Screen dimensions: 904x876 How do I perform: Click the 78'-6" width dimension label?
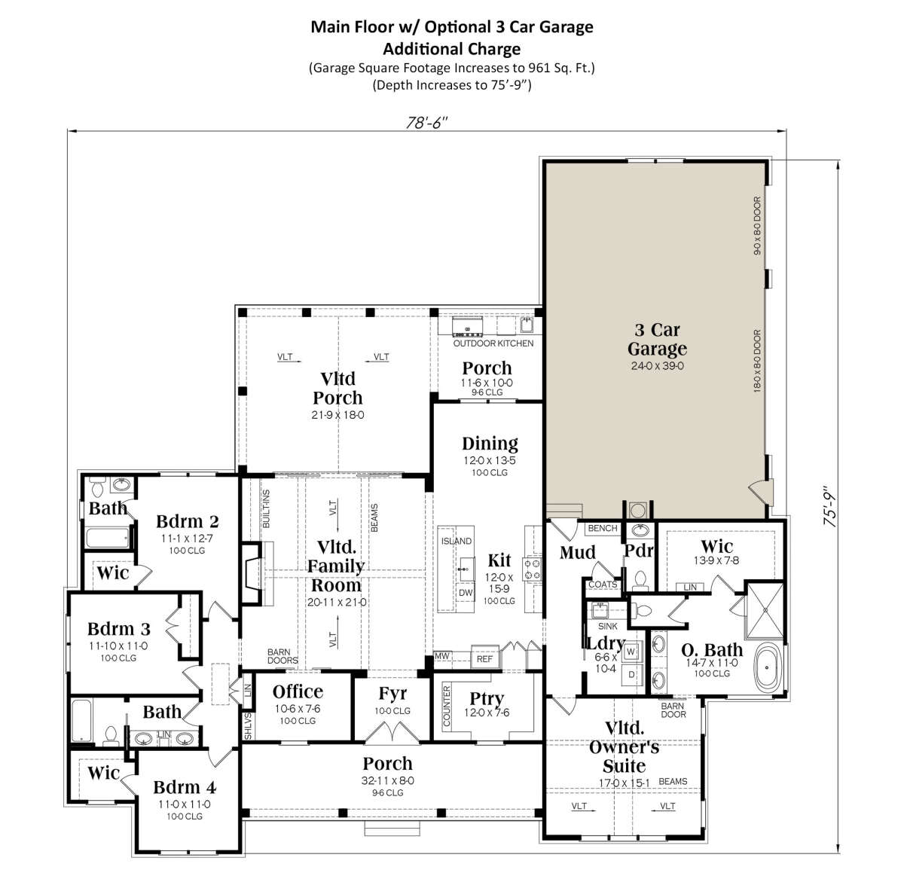[x=426, y=122]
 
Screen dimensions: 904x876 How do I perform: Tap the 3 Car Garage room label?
[x=657, y=339]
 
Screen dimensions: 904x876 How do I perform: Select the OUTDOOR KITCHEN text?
[x=493, y=343]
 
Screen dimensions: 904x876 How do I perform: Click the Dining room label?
[x=490, y=444]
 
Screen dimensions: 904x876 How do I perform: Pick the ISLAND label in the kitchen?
[x=457, y=541]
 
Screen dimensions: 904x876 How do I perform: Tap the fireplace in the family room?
[x=254, y=573]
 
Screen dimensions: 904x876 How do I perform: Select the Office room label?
[x=298, y=691]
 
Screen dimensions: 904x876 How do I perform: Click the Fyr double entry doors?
[x=392, y=731]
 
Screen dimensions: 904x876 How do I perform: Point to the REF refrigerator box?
[x=484, y=658]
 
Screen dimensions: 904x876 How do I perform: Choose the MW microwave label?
[x=441, y=655]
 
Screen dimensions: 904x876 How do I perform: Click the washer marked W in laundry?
[x=631, y=652]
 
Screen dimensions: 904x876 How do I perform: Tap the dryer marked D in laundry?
[x=631, y=674]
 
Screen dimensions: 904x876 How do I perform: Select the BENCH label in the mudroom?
[x=603, y=528]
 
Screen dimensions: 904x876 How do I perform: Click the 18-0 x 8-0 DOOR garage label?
[x=757, y=361]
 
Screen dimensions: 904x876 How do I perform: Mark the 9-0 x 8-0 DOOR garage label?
[x=757, y=226]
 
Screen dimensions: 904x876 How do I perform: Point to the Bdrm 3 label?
[x=119, y=628]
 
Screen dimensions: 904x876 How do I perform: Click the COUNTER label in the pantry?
[x=447, y=706]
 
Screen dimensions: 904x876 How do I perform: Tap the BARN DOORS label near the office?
[x=282, y=656]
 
